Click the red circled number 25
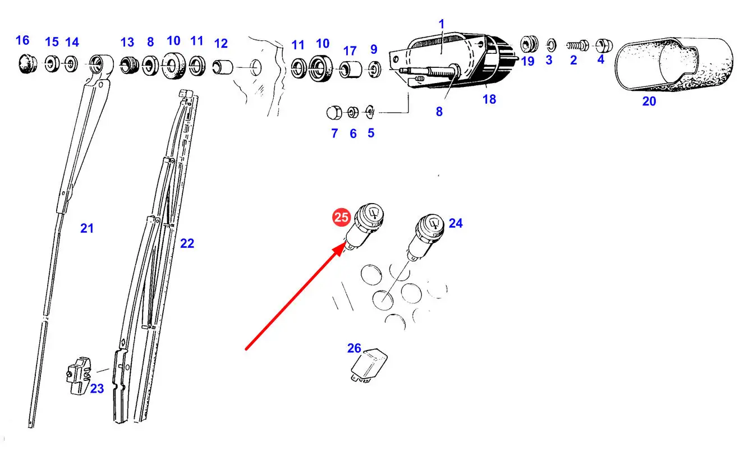tap(342, 218)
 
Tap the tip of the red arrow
tap(346, 243)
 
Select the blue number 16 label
tap(22, 40)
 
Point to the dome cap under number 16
tap(27, 65)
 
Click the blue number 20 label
tap(649, 101)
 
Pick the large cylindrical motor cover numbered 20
tap(673, 65)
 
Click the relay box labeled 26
tap(369, 366)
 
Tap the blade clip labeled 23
tap(79, 376)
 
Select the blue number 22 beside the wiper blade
tap(187, 243)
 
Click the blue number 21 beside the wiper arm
tap(87, 228)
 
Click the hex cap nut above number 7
tap(334, 113)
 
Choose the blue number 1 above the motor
tap(442, 24)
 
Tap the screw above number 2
tap(577, 45)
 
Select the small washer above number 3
tap(551, 45)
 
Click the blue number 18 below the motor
tap(489, 99)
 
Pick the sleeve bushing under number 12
tap(223, 67)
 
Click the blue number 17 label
tap(350, 51)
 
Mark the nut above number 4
tap(604, 45)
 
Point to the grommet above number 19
tap(529, 44)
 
